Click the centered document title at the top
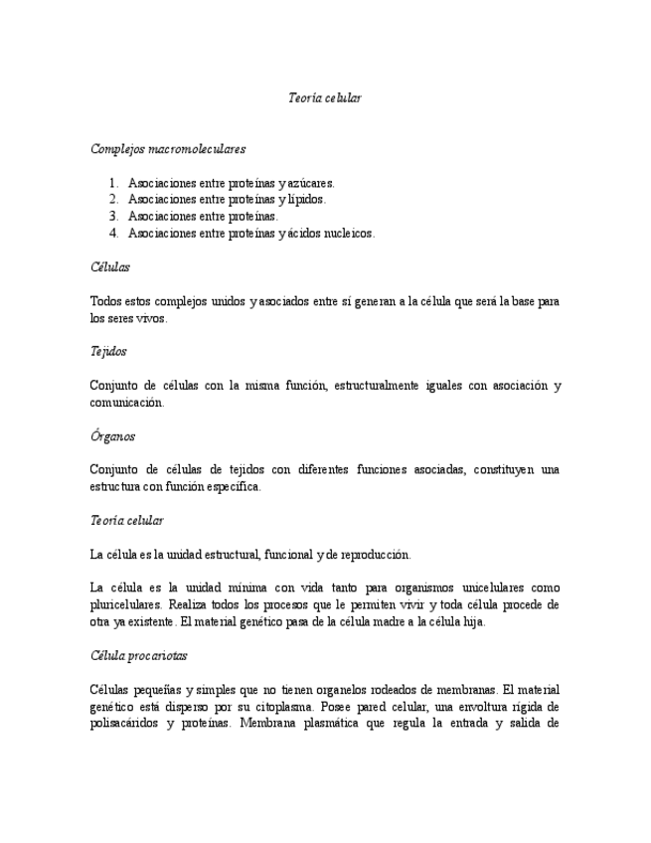point(325,97)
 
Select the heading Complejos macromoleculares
point(168,148)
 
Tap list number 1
point(114,183)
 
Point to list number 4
point(114,233)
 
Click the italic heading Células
point(109,266)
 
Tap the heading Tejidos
point(108,351)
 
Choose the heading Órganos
point(112,435)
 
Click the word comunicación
point(126,403)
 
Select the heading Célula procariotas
point(138,656)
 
